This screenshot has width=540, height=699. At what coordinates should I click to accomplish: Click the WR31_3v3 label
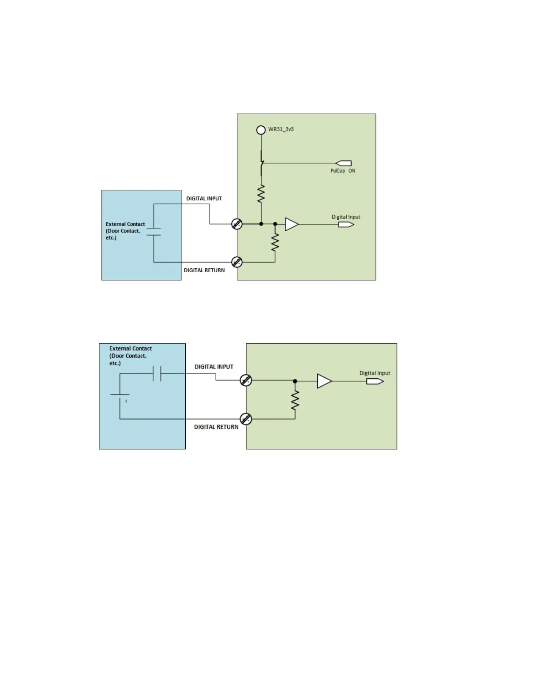[x=281, y=129]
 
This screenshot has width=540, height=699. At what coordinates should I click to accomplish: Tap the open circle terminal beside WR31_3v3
[x=261, y=130]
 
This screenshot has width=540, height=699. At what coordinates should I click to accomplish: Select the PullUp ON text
[x=343, y=171]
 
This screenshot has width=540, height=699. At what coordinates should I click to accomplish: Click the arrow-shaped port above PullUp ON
[x=344, y=163]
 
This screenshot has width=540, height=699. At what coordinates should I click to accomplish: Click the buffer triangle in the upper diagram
[x=291, y=224]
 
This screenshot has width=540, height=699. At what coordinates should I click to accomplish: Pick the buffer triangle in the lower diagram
[x=324, y=381]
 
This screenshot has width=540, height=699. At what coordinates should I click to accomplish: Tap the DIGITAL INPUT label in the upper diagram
[x=204, y=199]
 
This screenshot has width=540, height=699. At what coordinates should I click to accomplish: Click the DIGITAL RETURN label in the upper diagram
[x=204, y=271]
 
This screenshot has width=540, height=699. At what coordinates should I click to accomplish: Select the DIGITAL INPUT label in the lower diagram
[x=214, y=367]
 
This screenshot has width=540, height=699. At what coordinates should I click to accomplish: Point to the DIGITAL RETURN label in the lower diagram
[x=216, y=427]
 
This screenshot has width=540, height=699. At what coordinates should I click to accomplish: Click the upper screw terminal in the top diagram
[x=237, y=224]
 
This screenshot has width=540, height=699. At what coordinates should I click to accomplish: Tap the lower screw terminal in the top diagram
[x=237, y=262]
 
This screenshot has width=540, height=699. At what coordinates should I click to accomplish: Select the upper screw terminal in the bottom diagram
[x=246, y=380]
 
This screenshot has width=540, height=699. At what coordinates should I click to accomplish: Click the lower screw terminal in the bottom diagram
[x=246, y=419]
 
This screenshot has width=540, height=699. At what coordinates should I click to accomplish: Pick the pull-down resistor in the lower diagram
[x=295, y=400]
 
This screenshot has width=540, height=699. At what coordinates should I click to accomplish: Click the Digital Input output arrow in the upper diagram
[x=346, y=225]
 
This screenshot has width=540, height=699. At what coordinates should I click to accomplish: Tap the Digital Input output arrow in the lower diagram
[x=375, y=381]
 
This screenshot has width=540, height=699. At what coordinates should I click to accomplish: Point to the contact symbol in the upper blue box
[x=154, y=232]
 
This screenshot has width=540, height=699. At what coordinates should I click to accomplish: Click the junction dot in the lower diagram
[x=295, y=381]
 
